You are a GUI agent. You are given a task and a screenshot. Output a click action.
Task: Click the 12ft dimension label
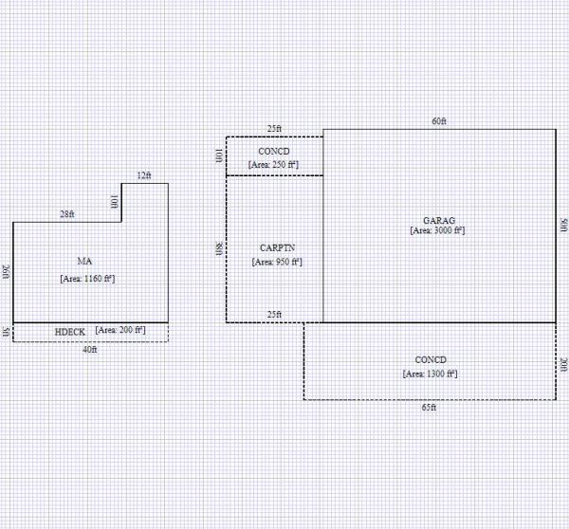pos(144,175)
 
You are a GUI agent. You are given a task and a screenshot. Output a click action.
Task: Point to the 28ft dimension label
pos(67,215)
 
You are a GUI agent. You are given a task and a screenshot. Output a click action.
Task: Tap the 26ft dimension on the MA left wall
pos(6,272)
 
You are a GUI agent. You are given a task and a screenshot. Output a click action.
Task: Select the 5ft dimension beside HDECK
pos(6,332)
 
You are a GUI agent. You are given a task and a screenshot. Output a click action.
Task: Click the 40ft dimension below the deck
pos(90,350)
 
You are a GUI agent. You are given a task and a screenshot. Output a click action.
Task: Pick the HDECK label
pos(70,332)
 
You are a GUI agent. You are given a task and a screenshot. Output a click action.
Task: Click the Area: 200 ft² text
pos(120,330)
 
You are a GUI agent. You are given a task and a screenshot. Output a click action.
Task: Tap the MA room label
pos(84,261)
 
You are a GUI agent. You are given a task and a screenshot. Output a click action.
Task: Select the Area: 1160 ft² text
pos(87,279)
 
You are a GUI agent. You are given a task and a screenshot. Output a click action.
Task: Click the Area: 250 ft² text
pos(274,165)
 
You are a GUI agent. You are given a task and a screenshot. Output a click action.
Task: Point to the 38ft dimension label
pos(219,248)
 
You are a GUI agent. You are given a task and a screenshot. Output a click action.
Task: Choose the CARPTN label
pos(277,246)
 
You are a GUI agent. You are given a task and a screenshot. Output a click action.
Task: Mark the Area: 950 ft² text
pos(277,262)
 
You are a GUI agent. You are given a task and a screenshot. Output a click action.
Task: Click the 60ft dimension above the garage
pos(438,121)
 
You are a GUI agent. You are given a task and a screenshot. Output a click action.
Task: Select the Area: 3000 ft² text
pos(437,230)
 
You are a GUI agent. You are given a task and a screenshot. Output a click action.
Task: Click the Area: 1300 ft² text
pos(431,374)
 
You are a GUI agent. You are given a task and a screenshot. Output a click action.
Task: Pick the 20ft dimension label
pos(563,365)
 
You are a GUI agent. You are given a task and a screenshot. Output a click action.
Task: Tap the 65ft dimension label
pos(430,408)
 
